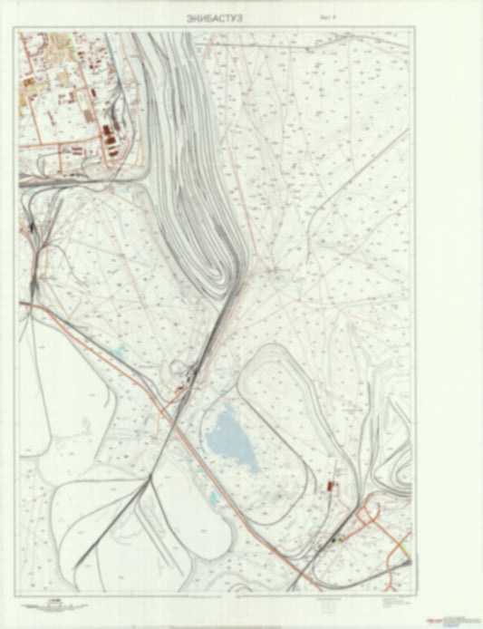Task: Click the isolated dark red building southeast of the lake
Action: click(x=329, y=487)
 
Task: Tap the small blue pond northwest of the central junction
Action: click(x=119, y=350)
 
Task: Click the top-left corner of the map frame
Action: click(x=19, y=33)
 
